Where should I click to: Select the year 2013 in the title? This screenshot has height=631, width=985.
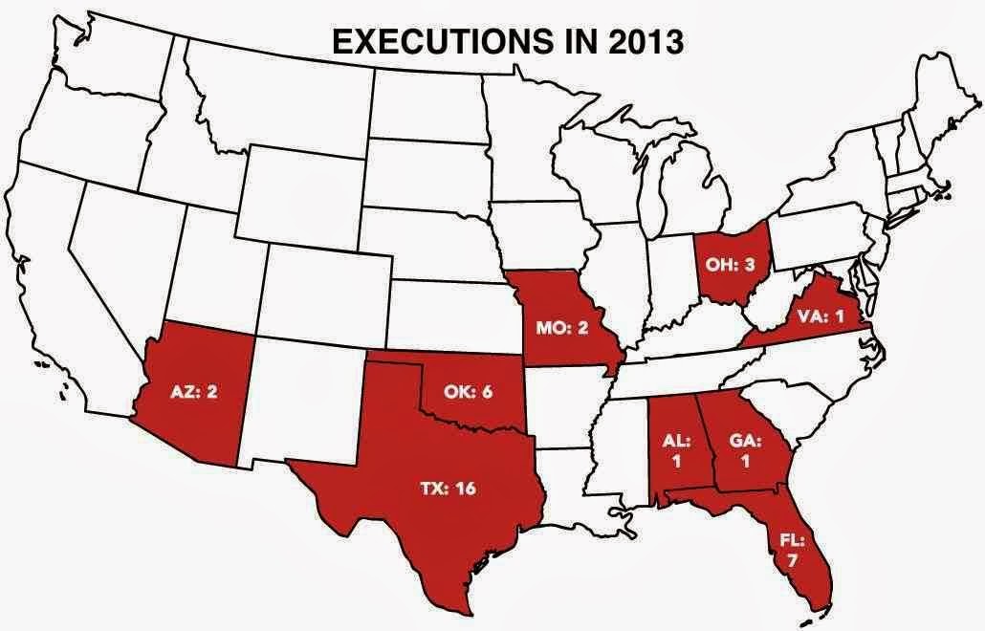point(644,43)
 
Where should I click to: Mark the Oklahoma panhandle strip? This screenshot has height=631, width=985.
point(397,359)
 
